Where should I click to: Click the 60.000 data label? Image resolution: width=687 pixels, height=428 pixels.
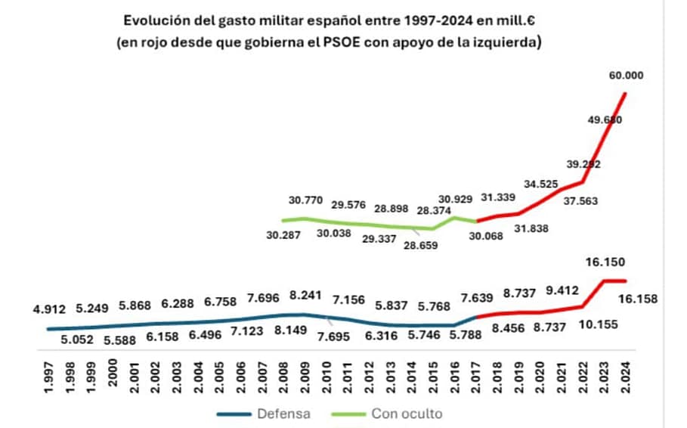[627, 75]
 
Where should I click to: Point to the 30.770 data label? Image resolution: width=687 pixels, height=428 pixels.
[305, 201]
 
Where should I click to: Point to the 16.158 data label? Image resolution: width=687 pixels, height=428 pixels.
[636, 299]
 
